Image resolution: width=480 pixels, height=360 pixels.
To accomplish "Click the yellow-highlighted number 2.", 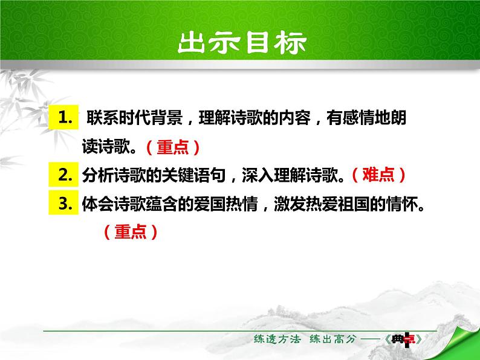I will click(x=65, y=175).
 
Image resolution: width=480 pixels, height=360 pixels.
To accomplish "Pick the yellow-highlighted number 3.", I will click(x=65, y=204).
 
